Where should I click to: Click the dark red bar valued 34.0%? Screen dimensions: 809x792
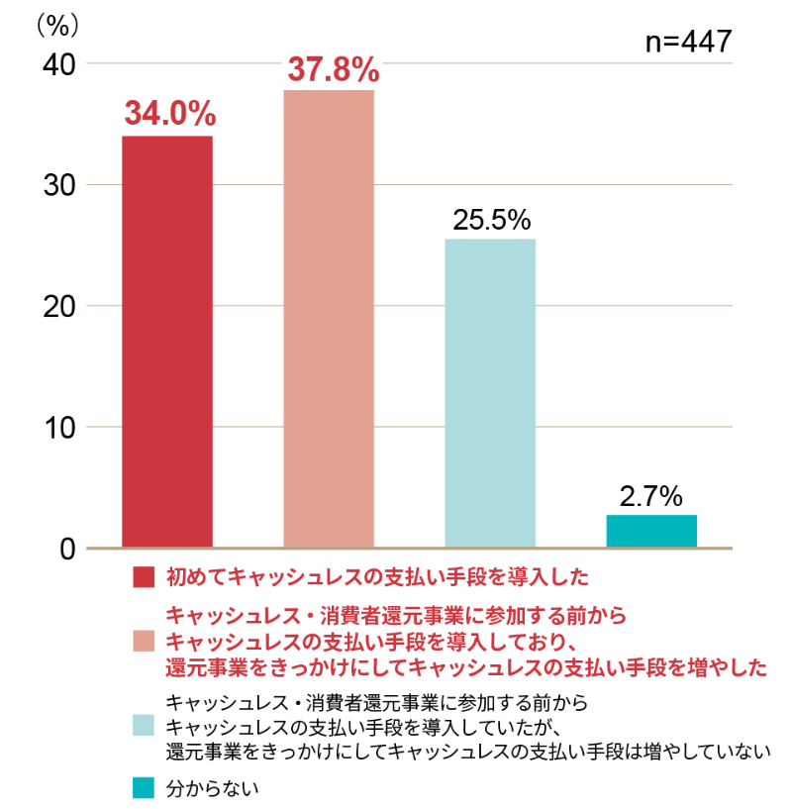click(167, 341)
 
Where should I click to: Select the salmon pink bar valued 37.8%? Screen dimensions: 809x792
click(329, 318)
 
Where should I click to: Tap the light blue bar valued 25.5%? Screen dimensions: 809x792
click(490, 392)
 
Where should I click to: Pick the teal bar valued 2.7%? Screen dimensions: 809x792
click(651, 531)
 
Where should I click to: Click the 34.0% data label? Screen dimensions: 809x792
click(169, 114)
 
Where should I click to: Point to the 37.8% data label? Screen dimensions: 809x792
click(333, 69)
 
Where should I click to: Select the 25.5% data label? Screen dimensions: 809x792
click(492, 220)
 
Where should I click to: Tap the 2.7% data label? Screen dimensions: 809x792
click(651, 495)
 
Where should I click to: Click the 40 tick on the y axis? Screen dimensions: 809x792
click(59, 64)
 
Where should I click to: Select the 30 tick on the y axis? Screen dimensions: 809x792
click(59, 185)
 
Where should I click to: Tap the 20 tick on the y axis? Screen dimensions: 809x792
click(59, 306)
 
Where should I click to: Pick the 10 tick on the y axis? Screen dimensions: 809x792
click(59, 427)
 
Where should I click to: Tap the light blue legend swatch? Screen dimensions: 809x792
click(144, 726)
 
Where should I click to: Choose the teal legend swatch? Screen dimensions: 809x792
click(144, 788)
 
